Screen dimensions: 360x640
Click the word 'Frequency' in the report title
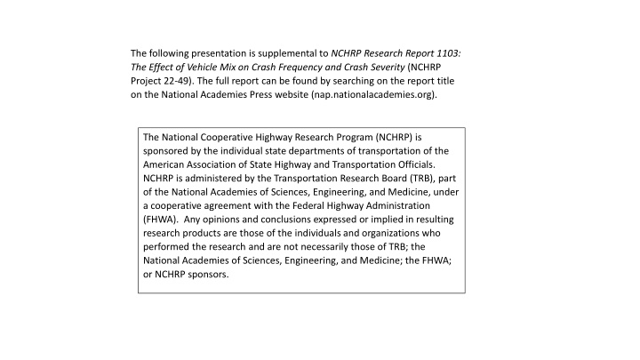coord(302,68)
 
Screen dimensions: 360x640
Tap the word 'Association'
coord(220,165)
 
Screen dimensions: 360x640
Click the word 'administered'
coord(210,180)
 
